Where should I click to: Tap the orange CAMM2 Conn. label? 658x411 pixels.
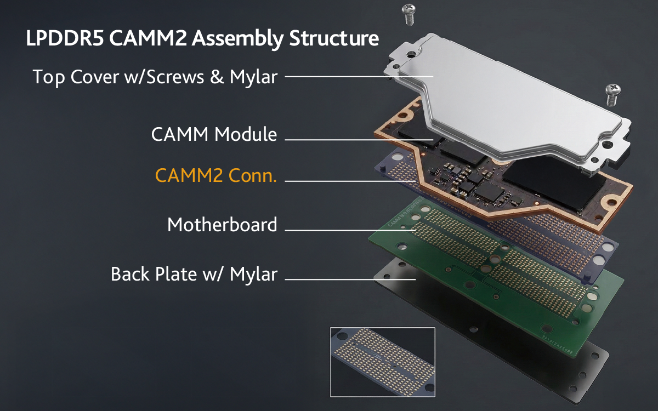click(x=216, y=176)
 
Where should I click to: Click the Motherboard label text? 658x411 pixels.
click(x=222, y=225)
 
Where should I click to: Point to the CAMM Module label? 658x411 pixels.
click(x=214, y=134)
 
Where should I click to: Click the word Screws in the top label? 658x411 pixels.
click(x=171, y=77)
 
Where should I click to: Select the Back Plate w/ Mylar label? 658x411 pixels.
click(x=194, y=273)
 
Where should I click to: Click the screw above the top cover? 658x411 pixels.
click(x=409, y=13)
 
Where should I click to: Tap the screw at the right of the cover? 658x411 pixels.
click(x=611, y=94)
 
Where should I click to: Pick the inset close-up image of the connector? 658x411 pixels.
click(x=382, y=362)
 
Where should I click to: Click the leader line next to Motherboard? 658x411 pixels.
click(x=351, y=230)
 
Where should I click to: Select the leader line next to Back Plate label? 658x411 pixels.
click(x=351, y=279)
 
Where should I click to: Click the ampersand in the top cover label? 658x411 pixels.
click(x=217, y=77)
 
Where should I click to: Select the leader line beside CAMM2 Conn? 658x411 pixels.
click(x=351, y=181)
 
